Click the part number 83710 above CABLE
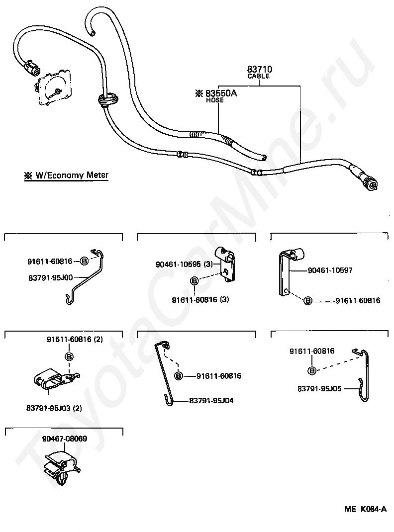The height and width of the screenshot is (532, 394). (x=259, y=69)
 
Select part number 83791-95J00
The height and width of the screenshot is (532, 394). (x=50, y=277)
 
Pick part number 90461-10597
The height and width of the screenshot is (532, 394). (x=330, y=270)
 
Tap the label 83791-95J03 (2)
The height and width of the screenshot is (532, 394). (x=54, y=408)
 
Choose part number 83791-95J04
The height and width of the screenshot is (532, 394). (x=211, y=401)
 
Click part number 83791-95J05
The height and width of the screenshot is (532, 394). (x=319, y=388)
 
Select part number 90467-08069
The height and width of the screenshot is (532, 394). (x=65, y=439)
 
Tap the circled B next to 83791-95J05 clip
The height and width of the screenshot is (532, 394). (x=312, y=371)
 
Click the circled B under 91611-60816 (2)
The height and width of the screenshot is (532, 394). (x=69, y=356)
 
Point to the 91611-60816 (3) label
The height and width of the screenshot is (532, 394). (x=200, y=300)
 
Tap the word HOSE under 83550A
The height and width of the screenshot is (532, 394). (x=215, y=100)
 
